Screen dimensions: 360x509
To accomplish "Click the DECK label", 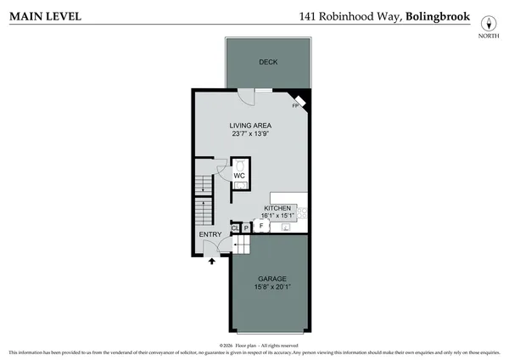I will tap(268, 62).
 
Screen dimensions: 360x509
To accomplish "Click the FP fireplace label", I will tap(296, 105).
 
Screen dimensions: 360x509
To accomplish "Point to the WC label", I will tap(239, 175).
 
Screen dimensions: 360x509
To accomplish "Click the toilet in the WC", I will tap(239, 165).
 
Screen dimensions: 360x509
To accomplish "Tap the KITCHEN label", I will tap(277, 208).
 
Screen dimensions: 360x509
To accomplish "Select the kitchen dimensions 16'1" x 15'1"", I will tap(278, 216).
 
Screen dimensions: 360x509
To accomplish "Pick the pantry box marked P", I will tap(246, 228).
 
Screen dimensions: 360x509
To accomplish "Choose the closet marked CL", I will tap(235, 228).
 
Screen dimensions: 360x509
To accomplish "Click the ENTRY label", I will tap(210, 234).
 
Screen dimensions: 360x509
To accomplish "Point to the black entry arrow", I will tap(211, 263).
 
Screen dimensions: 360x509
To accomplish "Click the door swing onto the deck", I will tap(243, 97).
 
